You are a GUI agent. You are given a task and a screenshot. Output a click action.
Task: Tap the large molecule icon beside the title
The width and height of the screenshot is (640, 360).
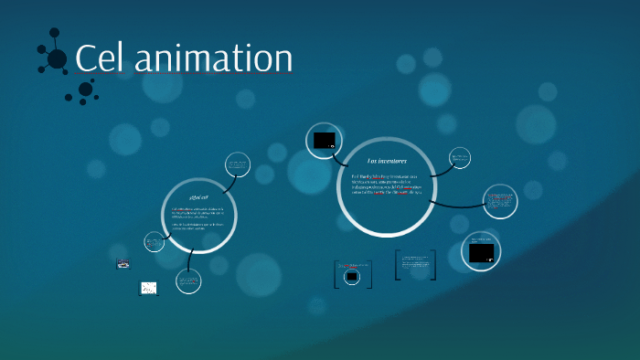tap(54, 57)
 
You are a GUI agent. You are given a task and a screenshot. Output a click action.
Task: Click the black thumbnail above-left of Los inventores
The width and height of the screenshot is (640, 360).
tap(325, 140)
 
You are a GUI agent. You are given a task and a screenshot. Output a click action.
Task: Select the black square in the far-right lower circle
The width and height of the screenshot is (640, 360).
tap(481, 252)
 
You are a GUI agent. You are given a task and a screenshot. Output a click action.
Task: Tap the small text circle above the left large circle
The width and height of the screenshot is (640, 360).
tap(239, 165)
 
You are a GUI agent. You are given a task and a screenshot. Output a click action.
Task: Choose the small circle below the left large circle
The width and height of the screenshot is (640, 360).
tap(188, 281)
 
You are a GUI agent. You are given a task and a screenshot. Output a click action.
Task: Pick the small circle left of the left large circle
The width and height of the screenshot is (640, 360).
tap(153, 242)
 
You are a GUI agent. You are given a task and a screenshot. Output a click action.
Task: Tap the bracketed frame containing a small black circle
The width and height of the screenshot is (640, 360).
tap(351, 275)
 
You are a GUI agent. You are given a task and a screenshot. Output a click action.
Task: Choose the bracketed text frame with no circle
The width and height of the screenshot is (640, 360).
tap(415, 265)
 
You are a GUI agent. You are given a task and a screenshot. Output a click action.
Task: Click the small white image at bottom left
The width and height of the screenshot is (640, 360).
tap(148, 289)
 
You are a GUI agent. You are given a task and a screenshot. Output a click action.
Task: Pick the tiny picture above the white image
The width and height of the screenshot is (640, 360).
tap(123, 264)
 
